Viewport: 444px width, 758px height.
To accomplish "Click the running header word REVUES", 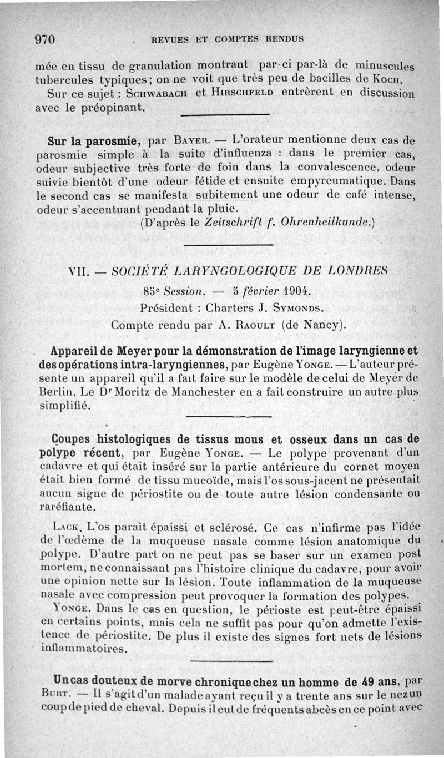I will click(x=166, y=39).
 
